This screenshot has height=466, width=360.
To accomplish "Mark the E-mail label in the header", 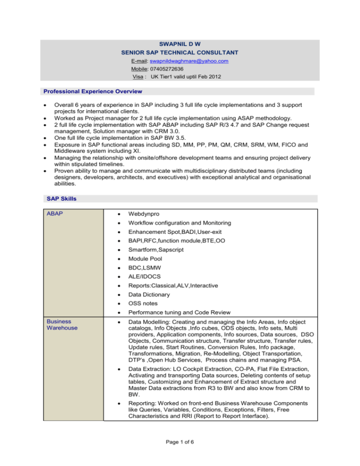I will pyautogui.click(x=140, y=61).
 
